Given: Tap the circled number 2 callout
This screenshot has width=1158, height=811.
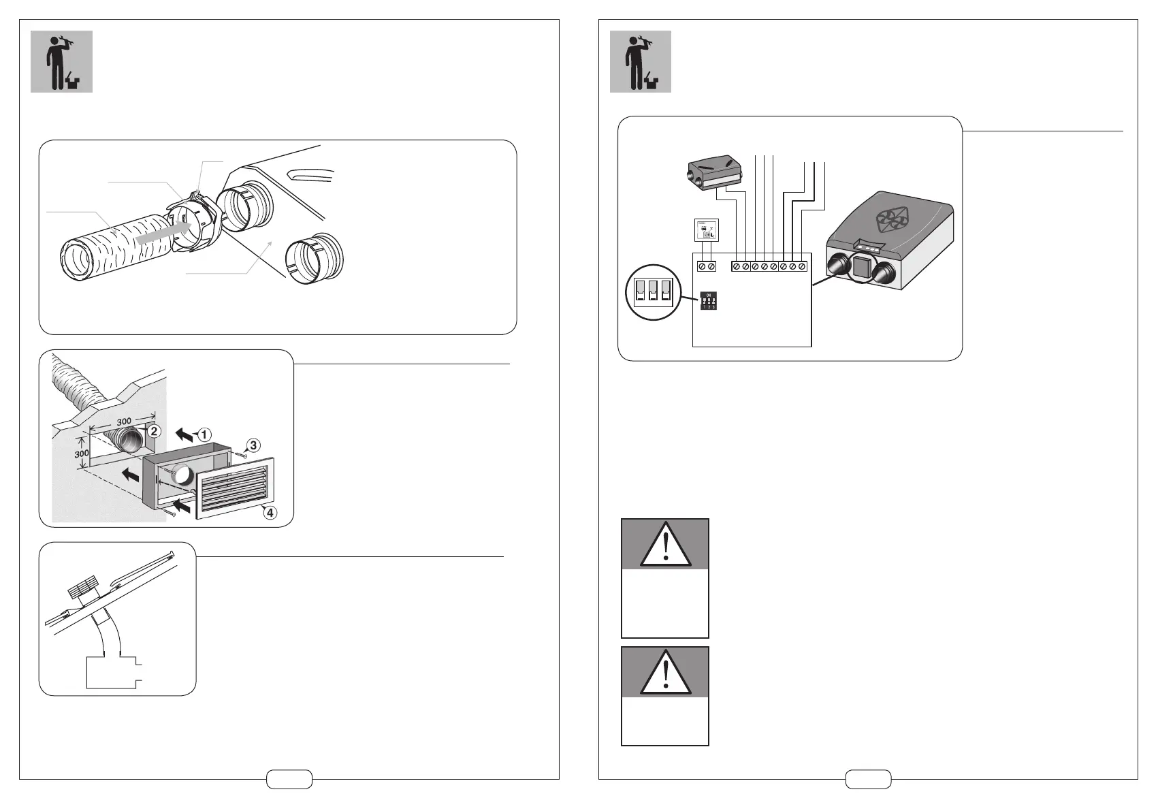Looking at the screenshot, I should (x=155, y=431).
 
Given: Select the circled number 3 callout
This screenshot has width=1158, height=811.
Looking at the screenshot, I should (x=252, y=446).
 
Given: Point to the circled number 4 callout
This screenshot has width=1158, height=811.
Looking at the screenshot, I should (x=270, y=513).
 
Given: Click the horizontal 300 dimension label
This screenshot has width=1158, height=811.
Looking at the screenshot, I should (x=123, y=422).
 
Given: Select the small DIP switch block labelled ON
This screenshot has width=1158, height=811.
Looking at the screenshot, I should (x=709, y=300).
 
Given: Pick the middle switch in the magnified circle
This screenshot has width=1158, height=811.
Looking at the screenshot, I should (x=653, y=291).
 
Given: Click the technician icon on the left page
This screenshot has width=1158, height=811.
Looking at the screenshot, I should (x=61, y=61).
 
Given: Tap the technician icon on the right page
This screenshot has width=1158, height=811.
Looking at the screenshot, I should (x=640, y=61).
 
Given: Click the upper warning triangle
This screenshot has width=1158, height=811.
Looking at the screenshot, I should (x=665, y=544).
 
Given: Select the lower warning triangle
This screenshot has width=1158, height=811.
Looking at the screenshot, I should (x=665, y=671).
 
